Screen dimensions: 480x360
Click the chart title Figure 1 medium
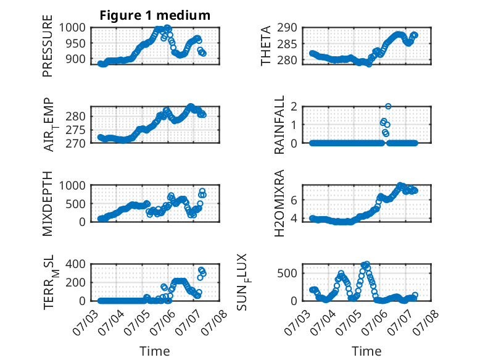(155, 15)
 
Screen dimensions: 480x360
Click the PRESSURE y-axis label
(48, 46)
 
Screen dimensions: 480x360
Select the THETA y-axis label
(266, 46)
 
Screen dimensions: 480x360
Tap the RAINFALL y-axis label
(279, 125)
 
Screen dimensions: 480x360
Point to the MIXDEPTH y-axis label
(48, 204)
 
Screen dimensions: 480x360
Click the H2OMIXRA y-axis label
(279, 203)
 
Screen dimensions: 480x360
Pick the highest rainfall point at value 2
(388, 106)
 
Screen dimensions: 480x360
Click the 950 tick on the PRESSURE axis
(76, 43)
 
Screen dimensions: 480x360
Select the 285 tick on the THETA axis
(288, 44)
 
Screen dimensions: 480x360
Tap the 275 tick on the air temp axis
(76, 130)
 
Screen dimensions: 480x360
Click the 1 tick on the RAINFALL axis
(294, 125)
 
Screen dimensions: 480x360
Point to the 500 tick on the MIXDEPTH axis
(76, 204)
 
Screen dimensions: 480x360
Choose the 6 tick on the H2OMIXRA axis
(294, 200)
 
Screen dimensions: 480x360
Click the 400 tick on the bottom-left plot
(76, 264)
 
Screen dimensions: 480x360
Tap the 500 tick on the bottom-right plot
(288, 274)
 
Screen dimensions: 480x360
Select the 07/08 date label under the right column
(426, 322)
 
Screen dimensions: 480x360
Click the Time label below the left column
(155, 351)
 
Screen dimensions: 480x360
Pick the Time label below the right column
(366, 351)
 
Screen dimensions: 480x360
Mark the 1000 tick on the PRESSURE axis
(73, 28)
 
